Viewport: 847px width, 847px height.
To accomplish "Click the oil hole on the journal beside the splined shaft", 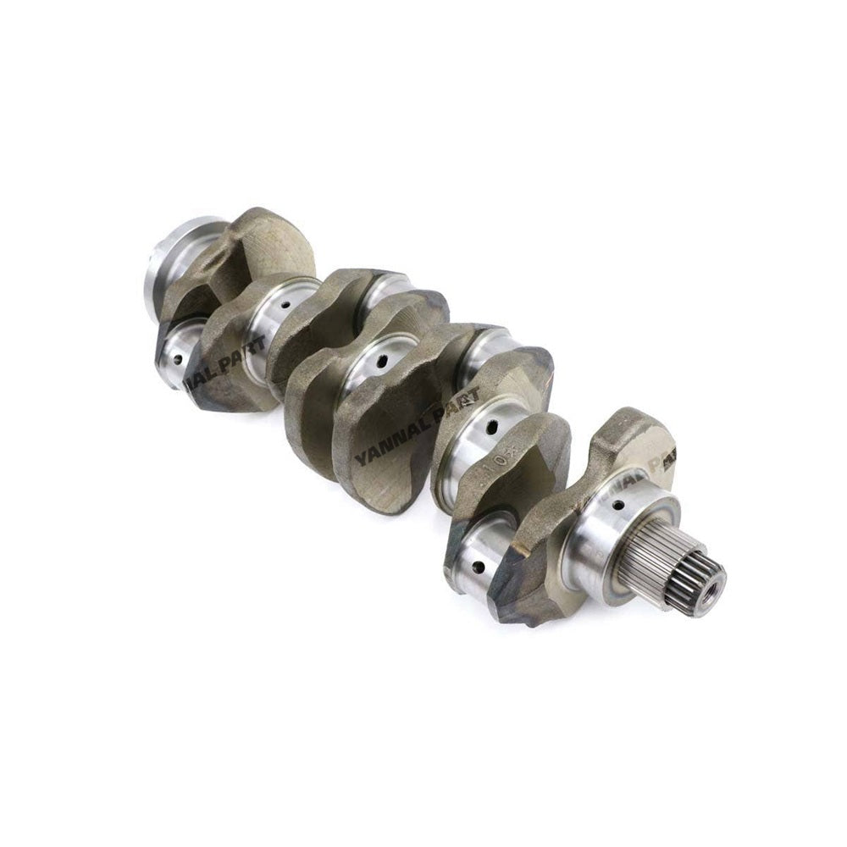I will tap(618, 506).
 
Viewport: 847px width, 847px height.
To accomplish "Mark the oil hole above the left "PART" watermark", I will tap(286, 305).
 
